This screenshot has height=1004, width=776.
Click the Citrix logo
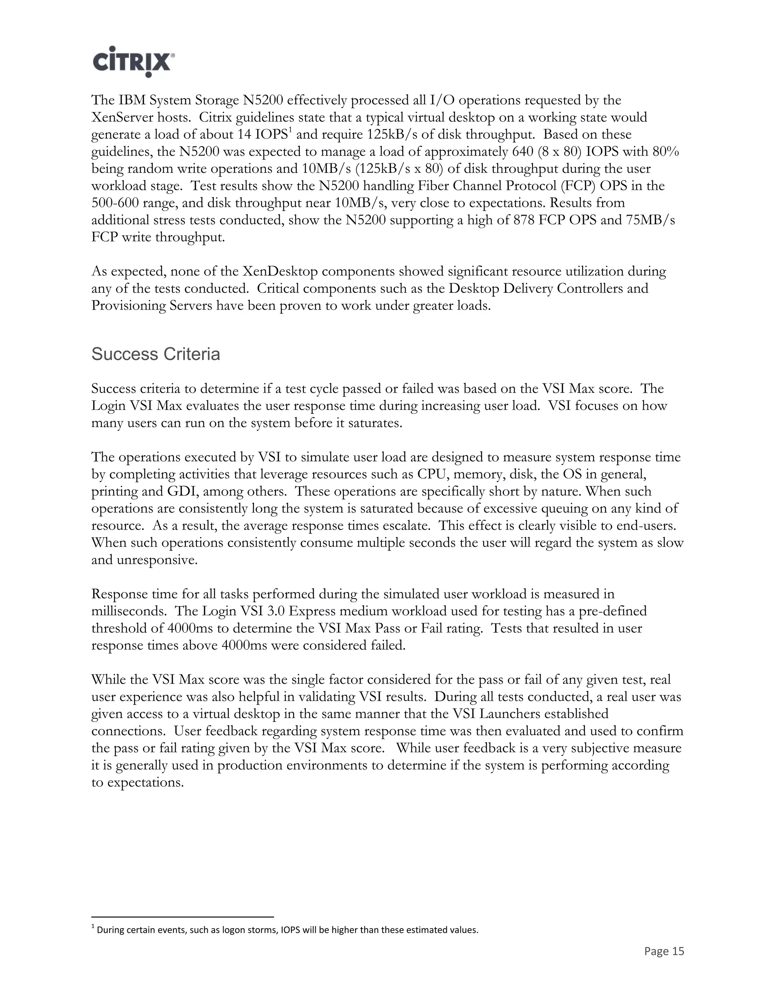pos(133,61)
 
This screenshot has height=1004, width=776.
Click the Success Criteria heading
pos(155,355)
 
